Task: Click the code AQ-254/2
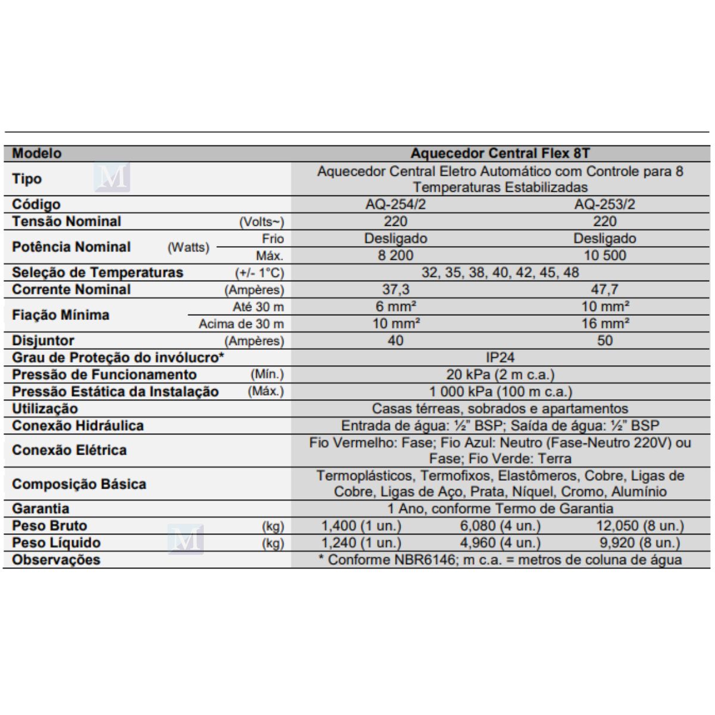(395, 204)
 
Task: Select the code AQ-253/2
(604, 204)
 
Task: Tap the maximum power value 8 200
(395, 256)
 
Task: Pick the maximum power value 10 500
(604, 256)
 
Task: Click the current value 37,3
(395, 290)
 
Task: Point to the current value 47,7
(604, 290)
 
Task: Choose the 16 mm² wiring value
(605, 324)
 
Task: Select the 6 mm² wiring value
(395, 306)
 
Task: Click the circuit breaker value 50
(604, 341)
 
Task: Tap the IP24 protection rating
(500, 357)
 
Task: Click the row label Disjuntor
(43, 341)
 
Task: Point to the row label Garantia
(41, 509)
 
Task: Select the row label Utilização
(45, 409)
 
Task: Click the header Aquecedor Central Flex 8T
(500, 153)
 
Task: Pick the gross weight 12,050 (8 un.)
(640, 526)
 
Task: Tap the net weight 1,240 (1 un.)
(361, 543)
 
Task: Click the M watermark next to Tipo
(112, 178)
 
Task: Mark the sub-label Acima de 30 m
(241, 324)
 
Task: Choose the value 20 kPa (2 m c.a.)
(500, 375)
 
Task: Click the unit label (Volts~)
(262, 222)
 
